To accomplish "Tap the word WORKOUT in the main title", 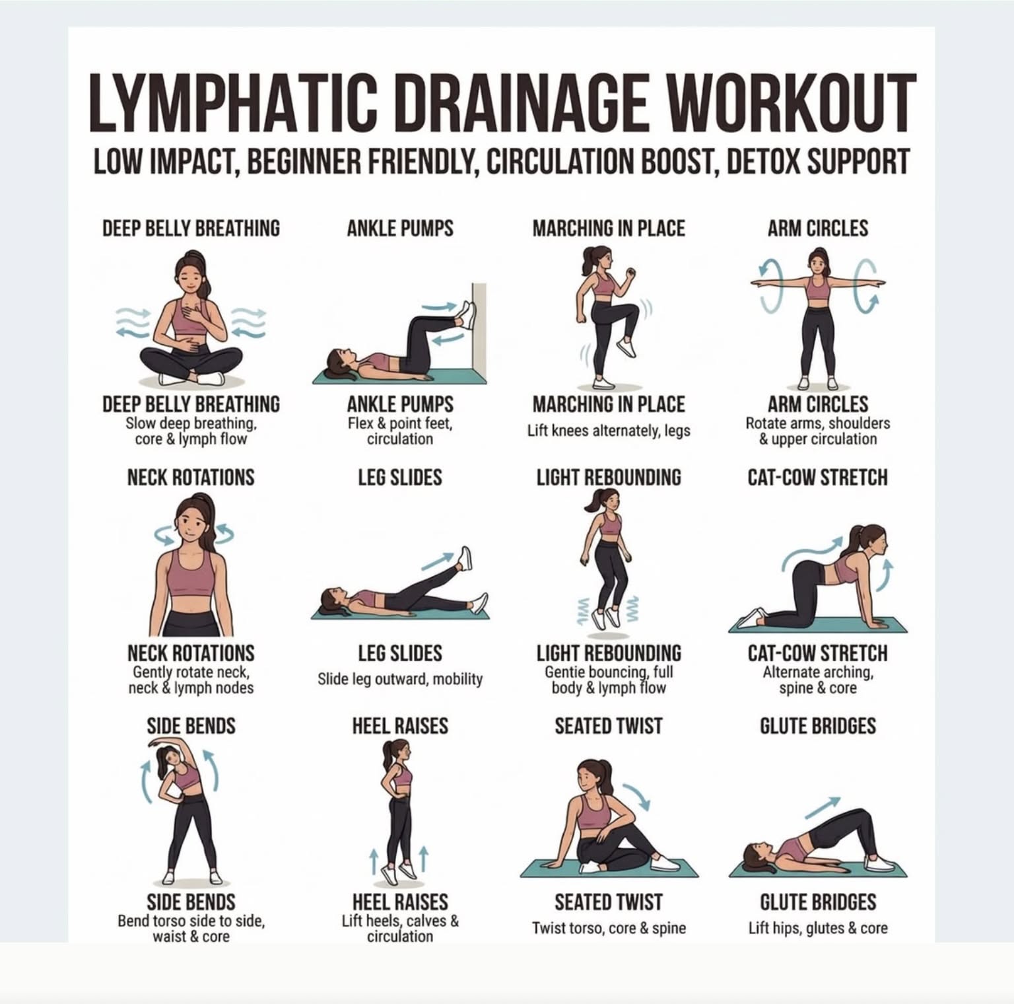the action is pyautogui.click(x=792, y=103).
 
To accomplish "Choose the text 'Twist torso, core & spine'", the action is pyautogui.click(x=609, y=928).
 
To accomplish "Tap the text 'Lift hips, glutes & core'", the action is pyautogui.click(x=817, y=928).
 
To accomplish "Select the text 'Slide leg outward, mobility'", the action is pyautogui.click(x=400, y=679).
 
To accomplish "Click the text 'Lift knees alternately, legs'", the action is pyautogui.click(x=609, y=431).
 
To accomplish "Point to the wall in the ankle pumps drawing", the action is pyautogui.click(x=479, y=333).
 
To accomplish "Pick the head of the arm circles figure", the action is pyautogui.click(x=818, y=262).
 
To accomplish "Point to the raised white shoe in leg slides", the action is pyautogui.click(x=465, y=559).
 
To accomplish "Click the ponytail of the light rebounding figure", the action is pyautogui.click(x=591, y=501).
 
